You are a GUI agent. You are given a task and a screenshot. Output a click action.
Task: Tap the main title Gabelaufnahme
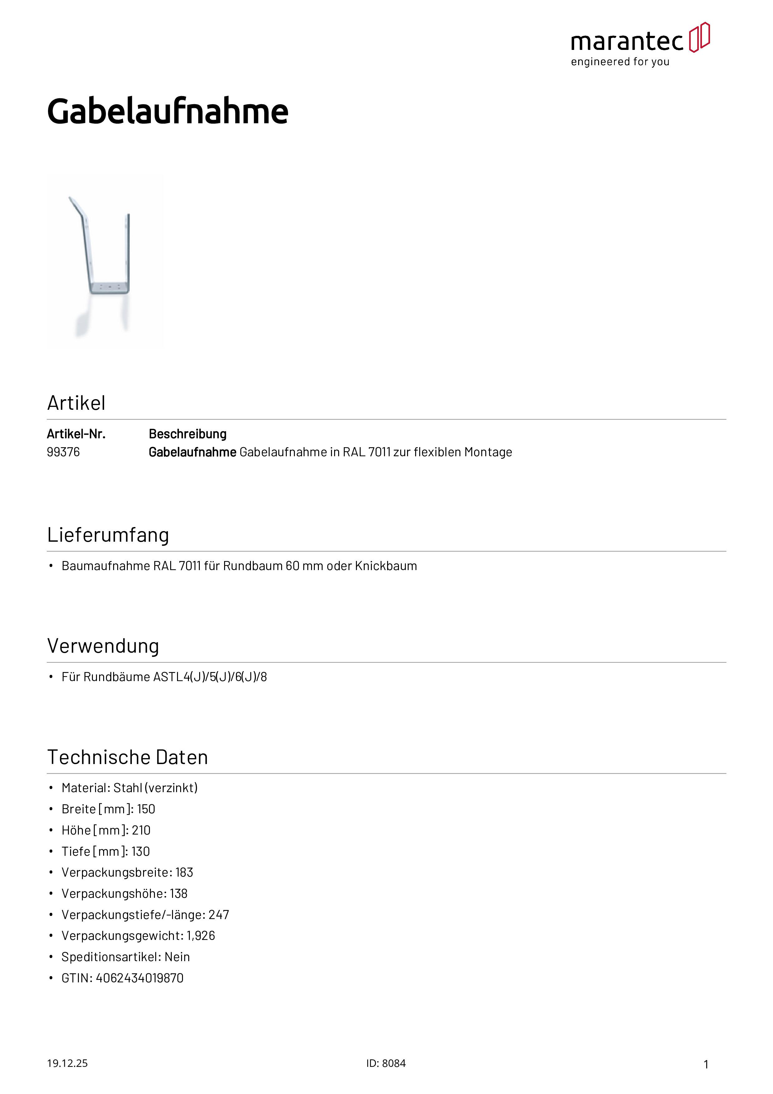[x=168, y=112]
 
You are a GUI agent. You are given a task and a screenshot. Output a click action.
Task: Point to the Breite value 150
[x=146, y=809]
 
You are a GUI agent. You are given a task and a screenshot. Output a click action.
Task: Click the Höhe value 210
[x=141, y=830]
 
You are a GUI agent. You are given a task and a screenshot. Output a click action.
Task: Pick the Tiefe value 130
[x=141, y=851]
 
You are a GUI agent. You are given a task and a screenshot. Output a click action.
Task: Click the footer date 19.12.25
[x=67, y=1063]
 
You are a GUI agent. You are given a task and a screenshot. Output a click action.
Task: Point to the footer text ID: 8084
[x=386, y=1063]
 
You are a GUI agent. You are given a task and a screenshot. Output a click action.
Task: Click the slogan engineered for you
[x=620, y=62]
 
